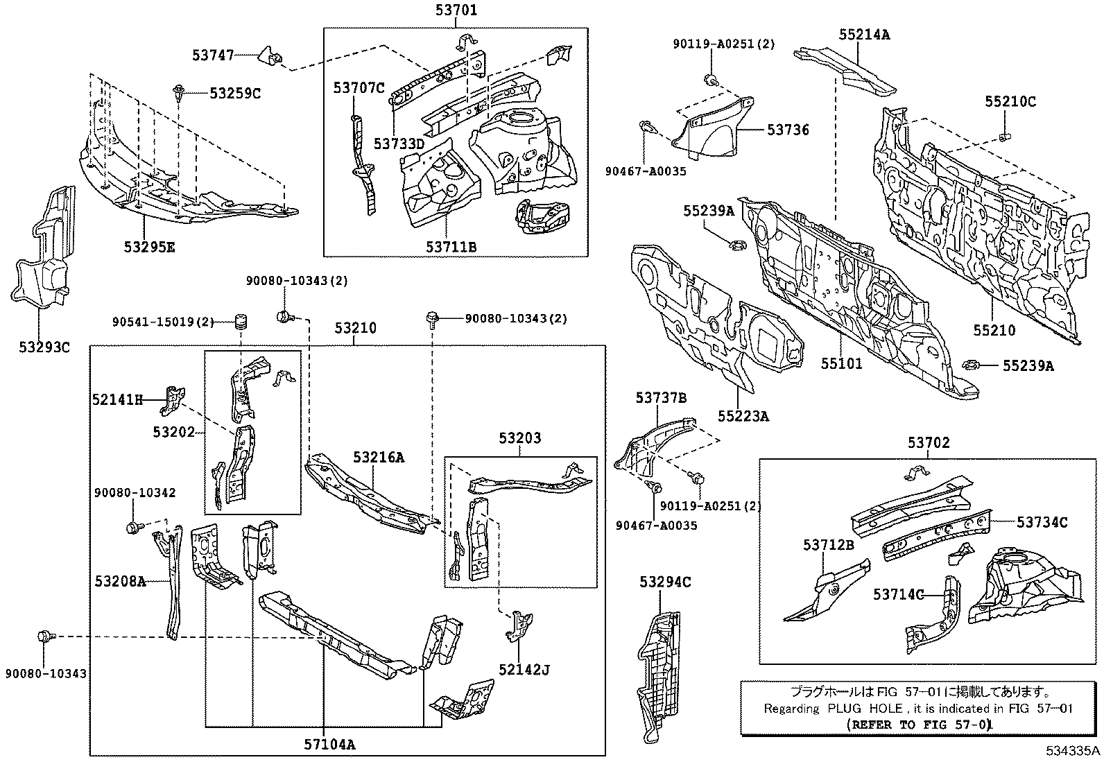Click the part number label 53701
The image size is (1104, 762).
click(x=456, y=10)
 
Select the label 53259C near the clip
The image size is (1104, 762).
click(x=235, y=93)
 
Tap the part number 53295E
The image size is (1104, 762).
click(x=150, y=246)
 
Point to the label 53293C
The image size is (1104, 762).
click(x=45, y=347)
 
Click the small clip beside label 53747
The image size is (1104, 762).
click(x=270, y=55)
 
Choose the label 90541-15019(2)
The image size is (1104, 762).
click(x=162, y=321)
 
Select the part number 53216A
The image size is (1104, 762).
click(x=378, y=457)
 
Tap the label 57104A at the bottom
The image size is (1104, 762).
click(x=329, y=745)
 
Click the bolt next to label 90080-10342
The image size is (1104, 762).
click(x=132, y=528)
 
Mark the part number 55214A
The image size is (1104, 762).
click(x=864, y=33)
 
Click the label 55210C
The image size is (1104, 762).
click(x=1010, y=101)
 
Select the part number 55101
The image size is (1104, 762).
click(x=842, y=363)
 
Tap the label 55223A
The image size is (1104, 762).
click(x=743, y=416)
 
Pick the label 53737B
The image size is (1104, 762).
click(x=661, y=398)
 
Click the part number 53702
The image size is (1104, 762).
click(x=929, y=442)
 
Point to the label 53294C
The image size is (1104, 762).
click(x=665, y=582)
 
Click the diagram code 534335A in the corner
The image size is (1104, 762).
click(x=1073, y=751)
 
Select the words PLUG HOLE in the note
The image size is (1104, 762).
click(x=863, y=709)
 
